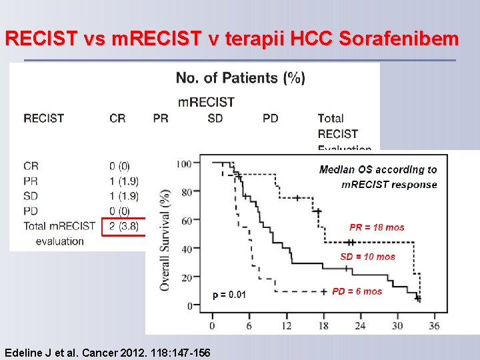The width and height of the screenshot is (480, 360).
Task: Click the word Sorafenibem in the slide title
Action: tap(399, 39)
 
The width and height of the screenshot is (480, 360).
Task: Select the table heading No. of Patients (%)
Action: tap(241, 78)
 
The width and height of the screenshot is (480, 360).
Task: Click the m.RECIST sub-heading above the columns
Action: tap(206, 102)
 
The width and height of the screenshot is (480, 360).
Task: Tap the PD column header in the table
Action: tap(270, 118)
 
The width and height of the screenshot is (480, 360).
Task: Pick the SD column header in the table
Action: tap(215, 118)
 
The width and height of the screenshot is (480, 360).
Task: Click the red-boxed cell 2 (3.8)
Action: tap(123, 226)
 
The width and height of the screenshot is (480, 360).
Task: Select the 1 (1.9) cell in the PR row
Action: tap(123, 181)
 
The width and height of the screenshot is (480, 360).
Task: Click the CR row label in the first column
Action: tap(31, 165)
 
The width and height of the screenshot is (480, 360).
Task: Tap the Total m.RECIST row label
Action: tap(59, 226)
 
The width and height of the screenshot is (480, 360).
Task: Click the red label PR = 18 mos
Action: tap(377, 227)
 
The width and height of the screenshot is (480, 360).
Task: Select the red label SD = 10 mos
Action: tap(367, 257)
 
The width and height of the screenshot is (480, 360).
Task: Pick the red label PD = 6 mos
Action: tap(357, 291)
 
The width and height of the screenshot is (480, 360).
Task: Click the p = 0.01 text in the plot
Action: tap(229, 295)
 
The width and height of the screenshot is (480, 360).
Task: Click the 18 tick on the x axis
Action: tap(324, 325)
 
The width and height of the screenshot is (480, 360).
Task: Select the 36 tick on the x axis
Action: tap(434, 325)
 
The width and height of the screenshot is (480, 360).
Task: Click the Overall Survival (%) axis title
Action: tap(164, 239)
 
